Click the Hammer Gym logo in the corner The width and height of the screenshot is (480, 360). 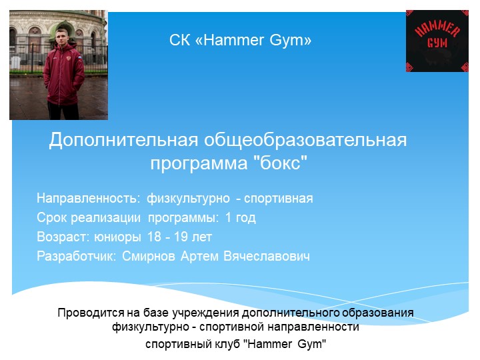coord(437,41)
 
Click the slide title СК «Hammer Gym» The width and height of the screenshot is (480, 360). coord(240,41)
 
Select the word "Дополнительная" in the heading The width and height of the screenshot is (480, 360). coord(123,141)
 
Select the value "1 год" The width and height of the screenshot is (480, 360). coord(241,218)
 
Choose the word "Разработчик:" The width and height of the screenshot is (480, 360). coord(77,256)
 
